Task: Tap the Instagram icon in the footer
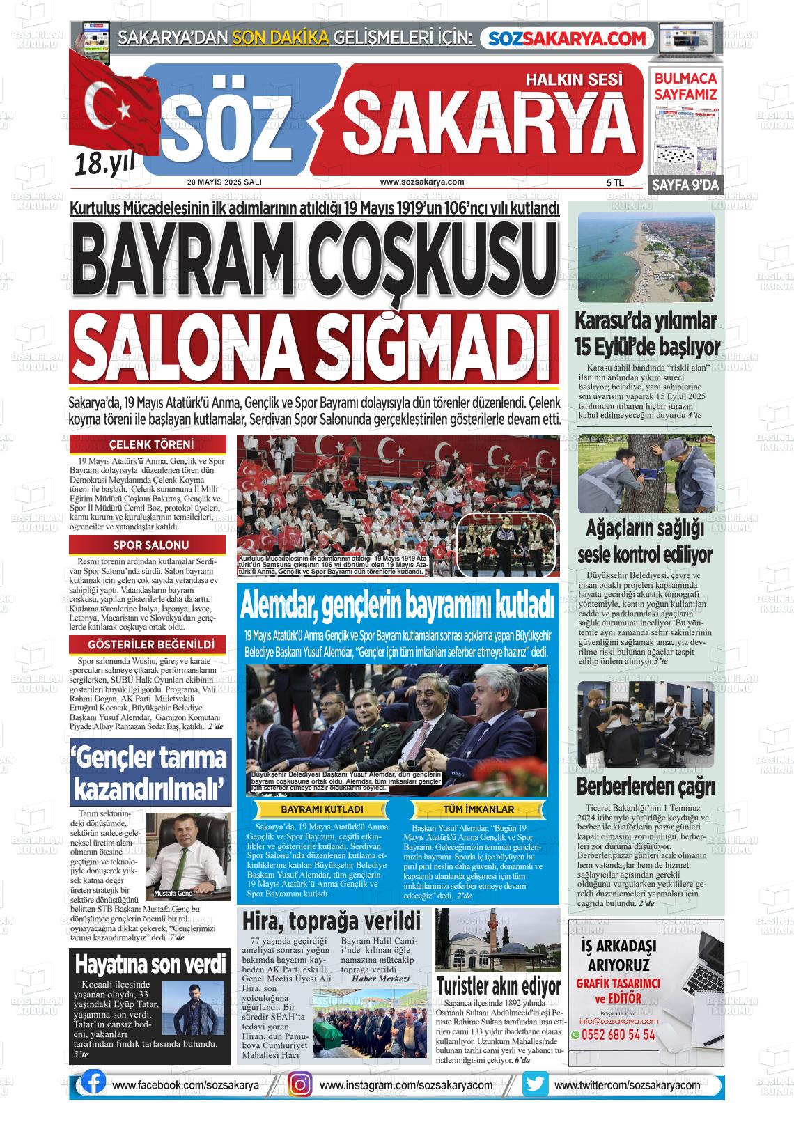pos(299,1084)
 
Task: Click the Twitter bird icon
pos(536,1084)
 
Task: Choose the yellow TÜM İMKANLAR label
pos(478,810)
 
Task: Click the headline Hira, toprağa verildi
pos(331,921)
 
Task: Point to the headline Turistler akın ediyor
pos(499,986)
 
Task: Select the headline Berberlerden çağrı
pos(646,787)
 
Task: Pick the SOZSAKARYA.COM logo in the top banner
pos(567,39)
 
